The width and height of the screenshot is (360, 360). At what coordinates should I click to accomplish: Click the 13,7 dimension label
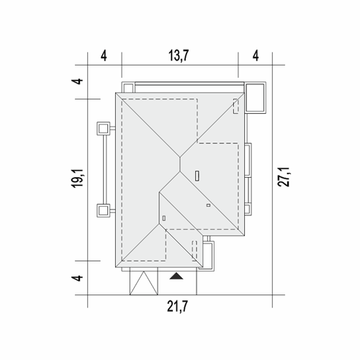[179, 55]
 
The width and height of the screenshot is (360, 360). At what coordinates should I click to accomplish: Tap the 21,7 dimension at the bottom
[177, 307]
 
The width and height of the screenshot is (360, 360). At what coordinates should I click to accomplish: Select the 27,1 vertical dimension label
[284, 177]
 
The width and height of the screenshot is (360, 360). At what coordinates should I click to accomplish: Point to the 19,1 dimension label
[78, 178]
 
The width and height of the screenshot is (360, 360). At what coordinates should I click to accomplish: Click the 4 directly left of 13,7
[104, 56]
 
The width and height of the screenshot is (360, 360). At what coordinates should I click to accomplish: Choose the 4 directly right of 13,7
[256, 56]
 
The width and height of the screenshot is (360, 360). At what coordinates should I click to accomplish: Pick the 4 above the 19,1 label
[78, 81]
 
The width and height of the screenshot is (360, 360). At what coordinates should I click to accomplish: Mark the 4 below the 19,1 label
[78, 278]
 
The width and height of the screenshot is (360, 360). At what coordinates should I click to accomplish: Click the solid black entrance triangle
[176, 276]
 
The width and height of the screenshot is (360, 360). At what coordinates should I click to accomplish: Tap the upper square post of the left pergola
[104, 129]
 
